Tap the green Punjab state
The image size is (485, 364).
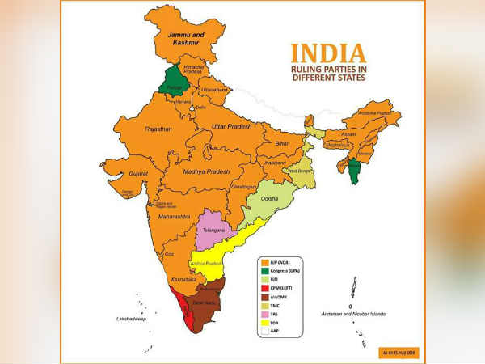(172, 82)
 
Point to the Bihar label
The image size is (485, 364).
(282, 142)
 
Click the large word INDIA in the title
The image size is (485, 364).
(328, 53)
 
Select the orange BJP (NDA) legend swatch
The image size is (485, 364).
(264, 263)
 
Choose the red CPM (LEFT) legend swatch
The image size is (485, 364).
(264, 287)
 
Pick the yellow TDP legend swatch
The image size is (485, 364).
(264, 321)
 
